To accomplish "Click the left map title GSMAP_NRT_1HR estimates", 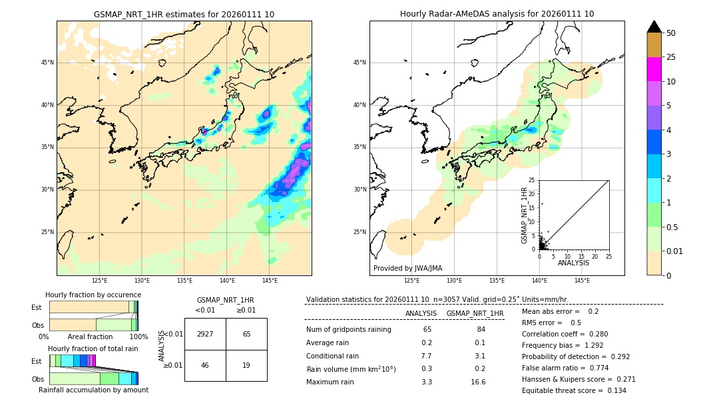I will coord(184,14).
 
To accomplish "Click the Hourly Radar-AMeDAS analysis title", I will coord(497,14).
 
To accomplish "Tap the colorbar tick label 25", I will coord(671,57).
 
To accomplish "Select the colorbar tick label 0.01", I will coord(675,251).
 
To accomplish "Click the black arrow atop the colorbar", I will coord(654,26).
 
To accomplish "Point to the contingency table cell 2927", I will coord(205,334).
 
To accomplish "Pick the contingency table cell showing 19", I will coord(246,365).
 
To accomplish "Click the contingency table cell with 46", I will coord(205,365).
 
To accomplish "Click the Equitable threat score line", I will coord(574,390).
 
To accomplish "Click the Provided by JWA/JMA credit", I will coord(407,268).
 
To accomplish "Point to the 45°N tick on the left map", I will coord(47,63).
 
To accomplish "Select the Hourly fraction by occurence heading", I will coord(93,295).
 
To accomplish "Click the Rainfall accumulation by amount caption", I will coord(93,390).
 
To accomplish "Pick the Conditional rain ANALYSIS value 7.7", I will coord(427,356).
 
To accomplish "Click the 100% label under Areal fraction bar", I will coord(139,337).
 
